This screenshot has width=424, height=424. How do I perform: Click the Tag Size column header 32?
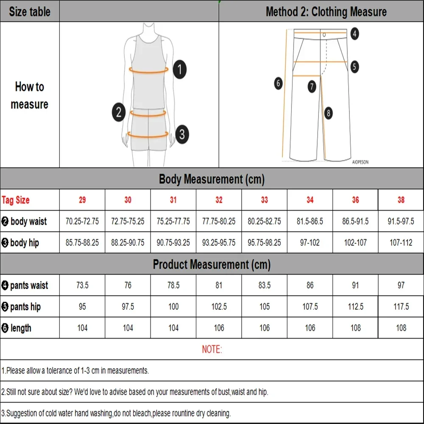coord(219,200)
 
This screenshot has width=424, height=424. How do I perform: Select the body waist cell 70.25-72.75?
coord(82,221)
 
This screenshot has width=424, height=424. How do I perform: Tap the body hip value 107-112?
coord(401,243)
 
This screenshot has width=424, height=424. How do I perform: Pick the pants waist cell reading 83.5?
coord(264,285)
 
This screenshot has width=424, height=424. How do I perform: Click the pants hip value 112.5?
coord(355,307)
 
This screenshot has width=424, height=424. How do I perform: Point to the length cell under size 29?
coord(82,328)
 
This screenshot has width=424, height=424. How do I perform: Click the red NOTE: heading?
coord(212,349)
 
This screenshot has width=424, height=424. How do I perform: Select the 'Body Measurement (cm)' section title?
coord(212,179)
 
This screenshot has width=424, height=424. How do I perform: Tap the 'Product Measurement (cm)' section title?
coord(212,265)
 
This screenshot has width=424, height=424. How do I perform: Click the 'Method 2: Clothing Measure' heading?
coord(326,11)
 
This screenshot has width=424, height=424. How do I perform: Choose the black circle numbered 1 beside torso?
coord(180,69)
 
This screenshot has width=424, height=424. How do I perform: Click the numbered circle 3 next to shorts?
coord(181,134)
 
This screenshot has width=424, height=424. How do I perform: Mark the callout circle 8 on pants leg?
coord(328,113)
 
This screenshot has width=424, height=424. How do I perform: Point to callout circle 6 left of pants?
coord(278,83)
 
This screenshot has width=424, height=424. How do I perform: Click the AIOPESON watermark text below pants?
coord(360,162)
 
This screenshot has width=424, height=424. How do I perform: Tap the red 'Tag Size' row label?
coord(16,200)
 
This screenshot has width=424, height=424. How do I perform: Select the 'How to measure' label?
coord(29,95)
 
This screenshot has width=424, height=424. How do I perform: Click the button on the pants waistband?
coord(324,35)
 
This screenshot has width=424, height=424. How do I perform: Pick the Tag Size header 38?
coord(401,200)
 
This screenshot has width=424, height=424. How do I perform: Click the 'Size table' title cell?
coord(29,11)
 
